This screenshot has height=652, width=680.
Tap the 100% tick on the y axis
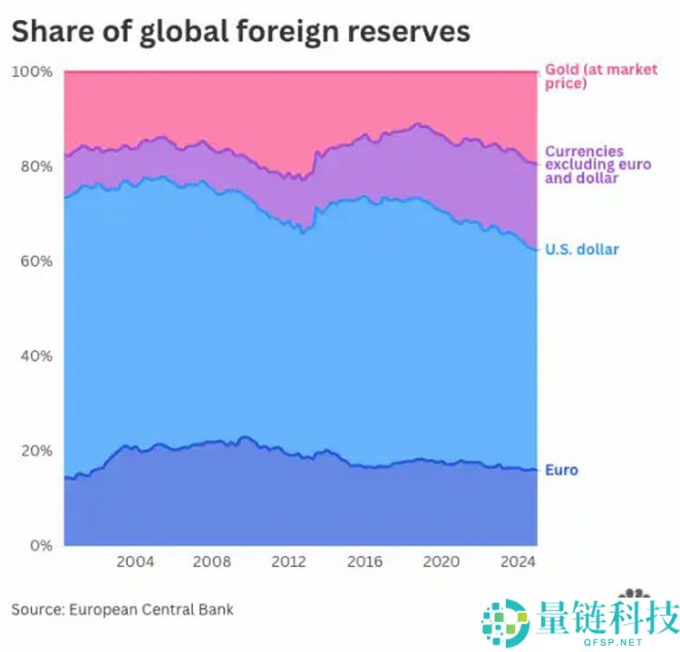(32, 72)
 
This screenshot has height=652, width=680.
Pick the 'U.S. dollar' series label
(581, 248)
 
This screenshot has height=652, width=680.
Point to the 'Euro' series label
(561, 470)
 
